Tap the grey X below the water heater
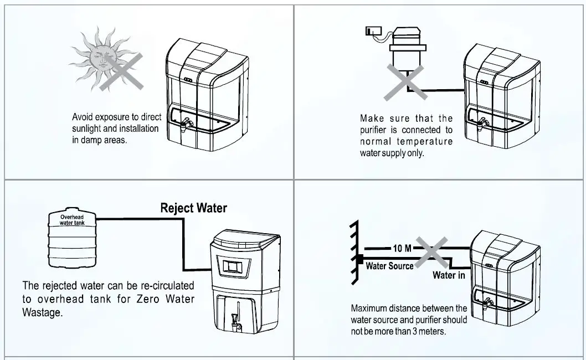tap(407, 81)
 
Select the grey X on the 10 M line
tap(432, 252)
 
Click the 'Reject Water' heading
tap(193, 208)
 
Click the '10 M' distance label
tap(402, 248)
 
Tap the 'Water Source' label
tap(389, 266)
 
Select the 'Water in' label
tap(449, 275)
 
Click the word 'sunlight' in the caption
tap(89, 128)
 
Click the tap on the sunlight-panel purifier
tap(187, 123)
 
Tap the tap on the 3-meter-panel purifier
tap(489, 304)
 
